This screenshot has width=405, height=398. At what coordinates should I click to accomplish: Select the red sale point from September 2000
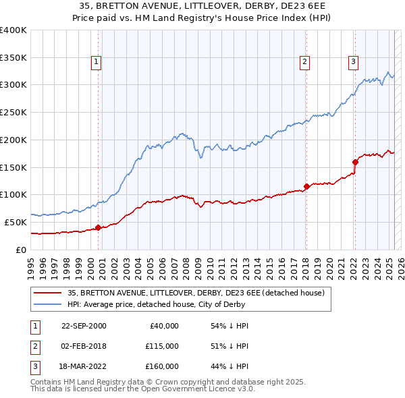tap(98, 227)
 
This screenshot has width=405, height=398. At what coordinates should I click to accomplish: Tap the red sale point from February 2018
tap(306, 186)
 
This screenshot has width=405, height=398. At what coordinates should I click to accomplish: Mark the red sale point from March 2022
tap(355, 161)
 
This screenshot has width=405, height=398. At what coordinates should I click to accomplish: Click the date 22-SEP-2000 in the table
tap(84, 326)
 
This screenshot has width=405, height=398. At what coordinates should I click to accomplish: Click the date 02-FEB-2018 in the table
tap(84, 346)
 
